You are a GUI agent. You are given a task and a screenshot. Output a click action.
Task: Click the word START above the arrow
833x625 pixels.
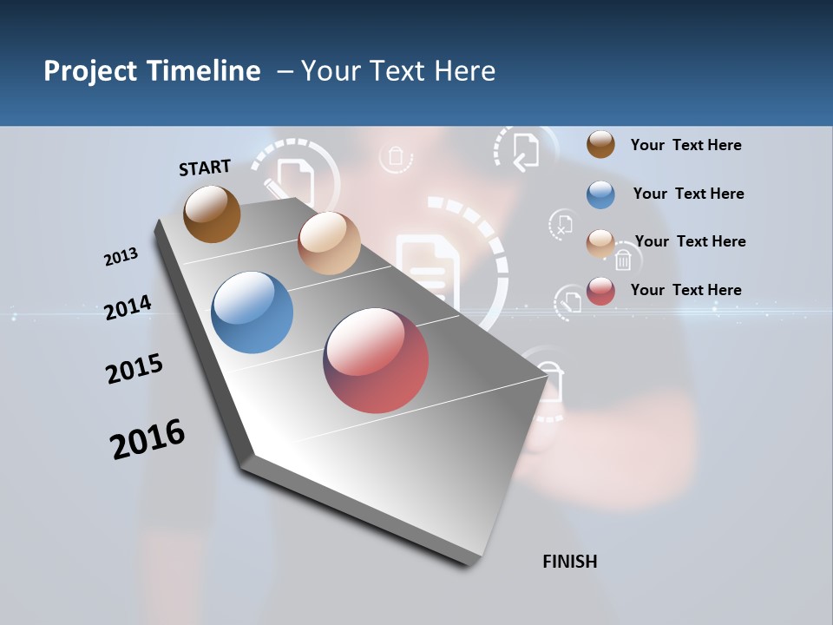tap(205, 168)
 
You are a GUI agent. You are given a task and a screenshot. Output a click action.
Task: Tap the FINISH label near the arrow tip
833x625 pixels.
tap(570, 562)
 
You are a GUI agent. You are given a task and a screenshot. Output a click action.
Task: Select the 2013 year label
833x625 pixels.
tap(121, 257)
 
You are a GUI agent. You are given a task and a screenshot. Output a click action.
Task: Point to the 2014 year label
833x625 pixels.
tap(128, 307)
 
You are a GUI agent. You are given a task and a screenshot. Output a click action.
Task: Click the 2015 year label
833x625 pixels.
tap(134, 369)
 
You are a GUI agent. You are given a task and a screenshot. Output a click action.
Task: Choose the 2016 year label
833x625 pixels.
tap(148, 438)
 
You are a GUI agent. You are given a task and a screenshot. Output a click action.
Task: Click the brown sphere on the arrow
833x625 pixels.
tap(212, 214)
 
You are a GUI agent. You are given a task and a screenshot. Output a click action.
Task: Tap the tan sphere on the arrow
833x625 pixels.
tap(329, 243)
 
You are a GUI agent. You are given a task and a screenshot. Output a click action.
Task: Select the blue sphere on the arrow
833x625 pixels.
tap(252, 312)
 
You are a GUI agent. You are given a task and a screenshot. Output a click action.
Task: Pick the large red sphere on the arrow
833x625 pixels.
tap(376, 360)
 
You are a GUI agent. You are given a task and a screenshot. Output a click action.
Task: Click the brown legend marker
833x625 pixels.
tap(600, 144)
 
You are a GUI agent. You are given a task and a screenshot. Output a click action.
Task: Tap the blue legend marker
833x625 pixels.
tap(600, 194)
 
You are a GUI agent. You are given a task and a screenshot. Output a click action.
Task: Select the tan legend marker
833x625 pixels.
tap(600, 242)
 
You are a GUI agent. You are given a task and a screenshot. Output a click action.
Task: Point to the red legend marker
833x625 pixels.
tap(600, 290)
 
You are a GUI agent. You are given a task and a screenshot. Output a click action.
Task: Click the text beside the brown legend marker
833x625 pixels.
tap(685, 145)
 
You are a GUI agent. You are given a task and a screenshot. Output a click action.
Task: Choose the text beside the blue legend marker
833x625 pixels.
tap(688, 194)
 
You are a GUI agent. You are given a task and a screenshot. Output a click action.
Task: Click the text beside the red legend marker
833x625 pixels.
tap(685, 290)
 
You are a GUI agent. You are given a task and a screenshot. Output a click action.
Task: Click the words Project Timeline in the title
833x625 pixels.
tap(152, 71)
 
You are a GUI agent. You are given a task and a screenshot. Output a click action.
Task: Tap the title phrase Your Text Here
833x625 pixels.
tap(397, 71)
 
